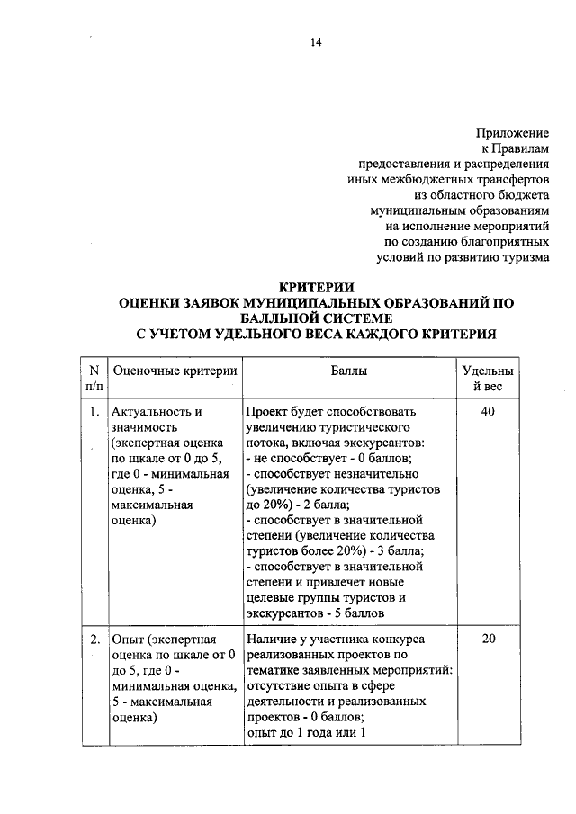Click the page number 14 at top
316,42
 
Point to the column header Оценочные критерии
174,370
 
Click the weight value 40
488,412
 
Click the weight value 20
488,640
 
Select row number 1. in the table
94,412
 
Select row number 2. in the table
94,640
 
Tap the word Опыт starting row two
128,640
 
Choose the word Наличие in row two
273,640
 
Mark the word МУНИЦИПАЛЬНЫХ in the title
310,303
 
